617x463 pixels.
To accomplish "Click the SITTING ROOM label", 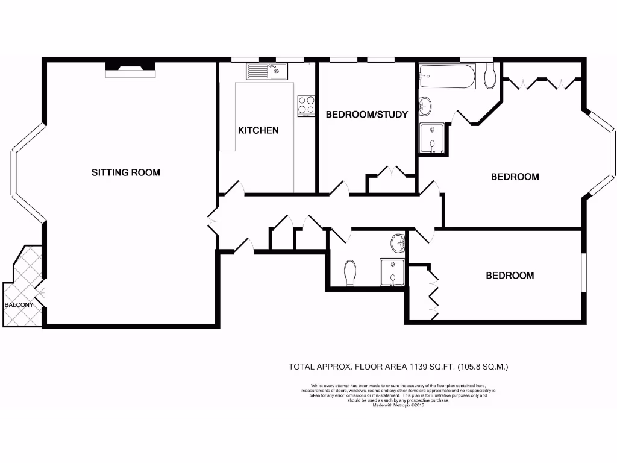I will [126, 172].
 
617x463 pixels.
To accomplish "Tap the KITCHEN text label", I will [258, 130].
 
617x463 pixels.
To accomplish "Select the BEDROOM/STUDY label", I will [366, 114].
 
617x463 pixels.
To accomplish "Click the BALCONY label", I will [19, 305].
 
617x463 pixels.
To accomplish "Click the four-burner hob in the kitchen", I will [306, 106].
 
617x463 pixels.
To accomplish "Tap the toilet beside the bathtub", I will [490, 76].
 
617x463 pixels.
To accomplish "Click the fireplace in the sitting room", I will [130, 69].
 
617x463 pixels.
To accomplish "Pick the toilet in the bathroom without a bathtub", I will [350, 273].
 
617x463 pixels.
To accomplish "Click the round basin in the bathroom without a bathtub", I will [398, 244].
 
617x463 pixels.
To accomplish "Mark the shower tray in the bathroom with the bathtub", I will [433, 138].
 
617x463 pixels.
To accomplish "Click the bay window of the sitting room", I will [21, 174].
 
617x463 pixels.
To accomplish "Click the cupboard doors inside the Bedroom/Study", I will [391, 172].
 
